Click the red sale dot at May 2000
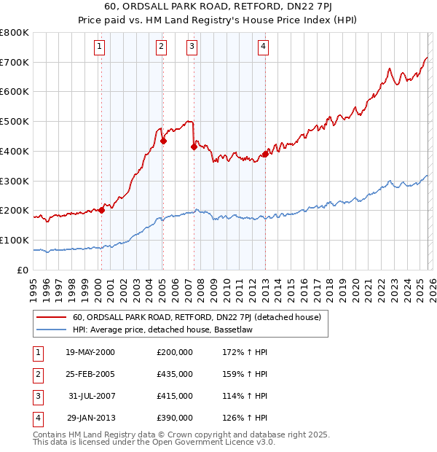click(102, 210)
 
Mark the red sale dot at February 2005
click(163, 141)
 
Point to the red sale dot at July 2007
click(194, 147)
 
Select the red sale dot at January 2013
click(265, 154)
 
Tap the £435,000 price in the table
click(175, 373)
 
